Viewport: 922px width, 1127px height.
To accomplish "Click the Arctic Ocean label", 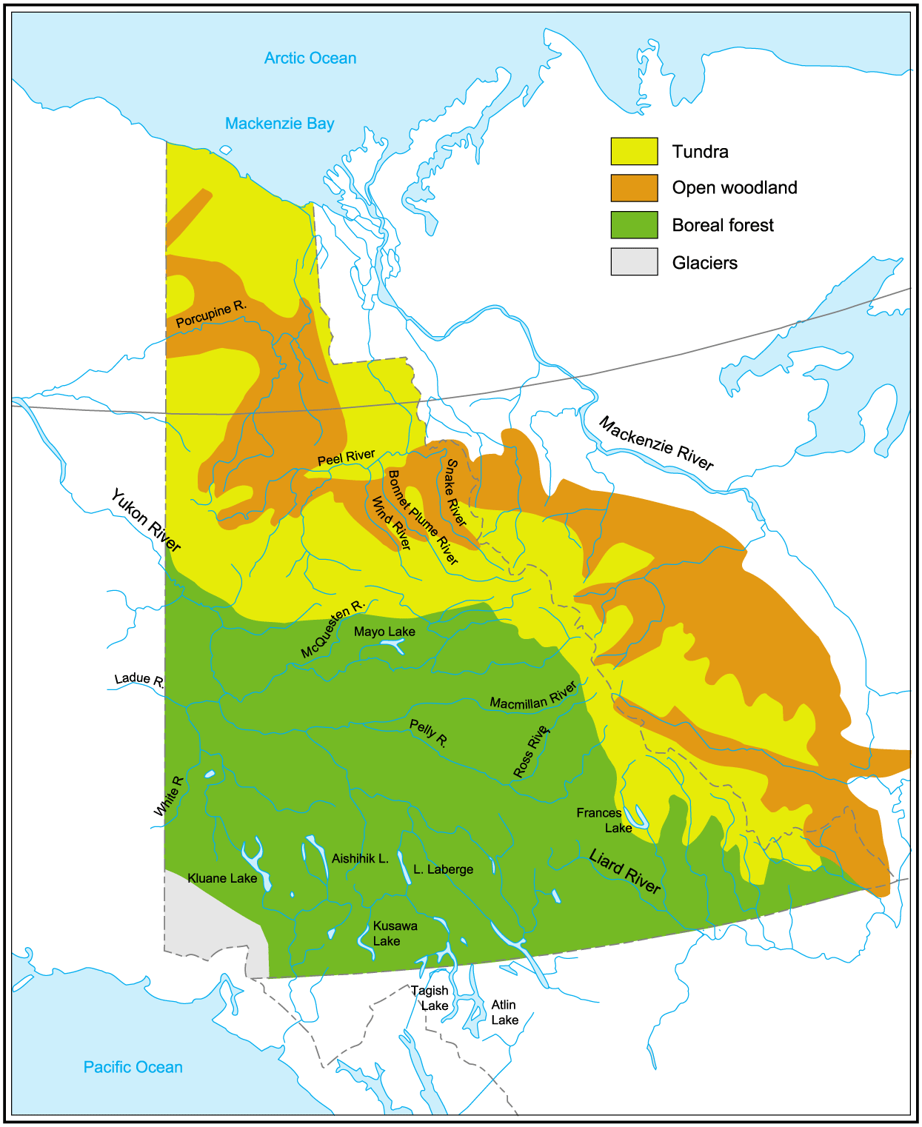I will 310,58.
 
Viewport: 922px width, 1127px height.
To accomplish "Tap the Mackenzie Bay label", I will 279,124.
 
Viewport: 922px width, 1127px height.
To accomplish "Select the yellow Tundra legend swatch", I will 634,151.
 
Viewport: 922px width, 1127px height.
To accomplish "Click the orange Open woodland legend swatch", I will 634,188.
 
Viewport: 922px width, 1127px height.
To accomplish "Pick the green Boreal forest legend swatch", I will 634,225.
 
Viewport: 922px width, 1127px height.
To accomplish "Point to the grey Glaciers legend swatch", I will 634,262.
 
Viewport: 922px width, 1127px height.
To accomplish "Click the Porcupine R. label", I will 211,314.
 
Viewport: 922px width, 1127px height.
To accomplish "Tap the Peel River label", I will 346,458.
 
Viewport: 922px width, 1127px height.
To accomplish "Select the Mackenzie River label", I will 656,444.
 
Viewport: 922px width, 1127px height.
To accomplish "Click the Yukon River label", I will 146,521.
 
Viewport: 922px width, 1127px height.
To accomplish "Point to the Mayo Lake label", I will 384,632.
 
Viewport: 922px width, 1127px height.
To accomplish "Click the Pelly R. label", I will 429,733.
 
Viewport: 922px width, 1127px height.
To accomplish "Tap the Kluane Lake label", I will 222,878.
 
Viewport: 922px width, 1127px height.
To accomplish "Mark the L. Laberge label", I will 443,869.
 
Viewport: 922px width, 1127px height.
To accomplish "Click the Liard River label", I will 624,872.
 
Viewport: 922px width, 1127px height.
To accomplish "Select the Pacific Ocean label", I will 133,1067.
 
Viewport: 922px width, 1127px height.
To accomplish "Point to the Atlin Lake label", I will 504,1012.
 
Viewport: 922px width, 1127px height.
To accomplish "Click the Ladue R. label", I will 139,680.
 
